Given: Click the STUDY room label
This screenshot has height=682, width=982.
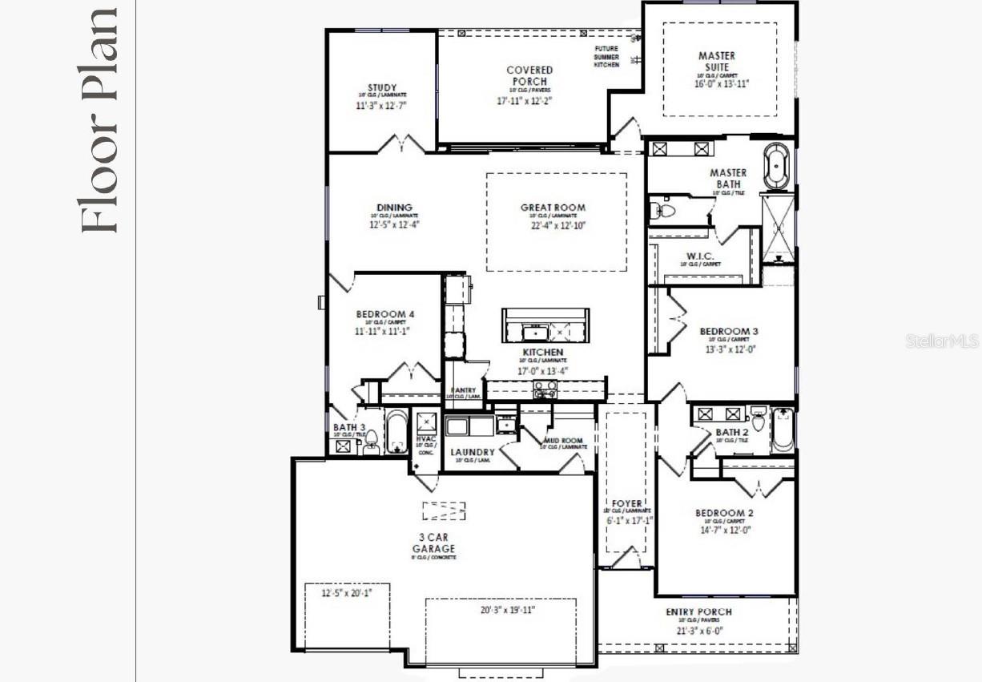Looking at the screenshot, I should pyautogui.click(x=382, y=88).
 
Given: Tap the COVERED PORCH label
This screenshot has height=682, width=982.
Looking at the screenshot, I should pyautogui.click(x=529, y=76).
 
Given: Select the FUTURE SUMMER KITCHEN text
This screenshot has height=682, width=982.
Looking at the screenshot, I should pyautogui.click(x=606, y=56).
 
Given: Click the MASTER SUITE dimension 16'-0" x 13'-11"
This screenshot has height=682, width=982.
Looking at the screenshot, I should pyautogui.click(x=721, y=84).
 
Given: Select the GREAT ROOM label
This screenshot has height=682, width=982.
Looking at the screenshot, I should pyautogui.click(x=553, y=208).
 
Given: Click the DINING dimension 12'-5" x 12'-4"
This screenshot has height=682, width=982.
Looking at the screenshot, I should pyautogui.click(x=394, y=225).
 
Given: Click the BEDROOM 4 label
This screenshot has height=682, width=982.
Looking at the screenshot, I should pyautogui.click(x=385, y=314).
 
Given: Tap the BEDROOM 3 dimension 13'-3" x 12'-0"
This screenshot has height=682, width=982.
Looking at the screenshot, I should pyautogui.click(x=729, y=349).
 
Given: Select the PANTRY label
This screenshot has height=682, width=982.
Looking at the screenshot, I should pyautogui.click(x=463, y=390).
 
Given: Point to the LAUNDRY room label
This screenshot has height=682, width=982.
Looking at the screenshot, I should pyautogui.click(x=473, y=452).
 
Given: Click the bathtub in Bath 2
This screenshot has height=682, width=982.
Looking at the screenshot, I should pyautogui.click(x=783, y=430).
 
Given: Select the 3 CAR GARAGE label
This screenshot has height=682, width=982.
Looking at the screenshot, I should pyautogui.click(x=434, y=543).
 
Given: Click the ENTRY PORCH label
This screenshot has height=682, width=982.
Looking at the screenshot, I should pyautogui.click(x=698, y=612).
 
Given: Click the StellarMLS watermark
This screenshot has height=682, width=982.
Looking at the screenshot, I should pyautogui.click(x=942, y=341).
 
